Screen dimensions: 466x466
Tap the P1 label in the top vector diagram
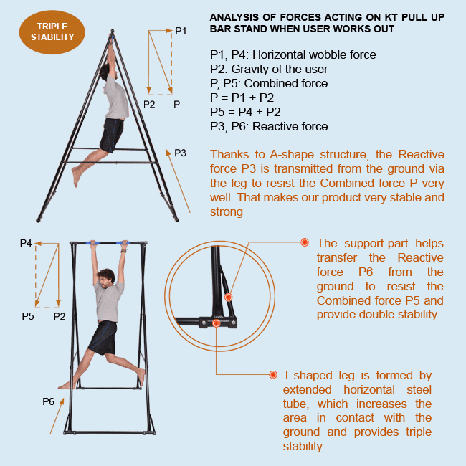[181, 31]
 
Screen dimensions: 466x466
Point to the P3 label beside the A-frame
[180, 153]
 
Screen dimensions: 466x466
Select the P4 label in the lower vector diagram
[26, 244]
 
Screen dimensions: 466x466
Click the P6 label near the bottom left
[48, 401]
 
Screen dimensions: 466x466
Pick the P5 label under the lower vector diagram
[28, 316]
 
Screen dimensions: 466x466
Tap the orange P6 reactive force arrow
[60, 419]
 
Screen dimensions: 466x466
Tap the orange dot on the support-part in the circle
[228, 296]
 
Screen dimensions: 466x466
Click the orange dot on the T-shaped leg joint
[216, 323]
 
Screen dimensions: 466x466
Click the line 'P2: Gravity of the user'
[269, 69]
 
